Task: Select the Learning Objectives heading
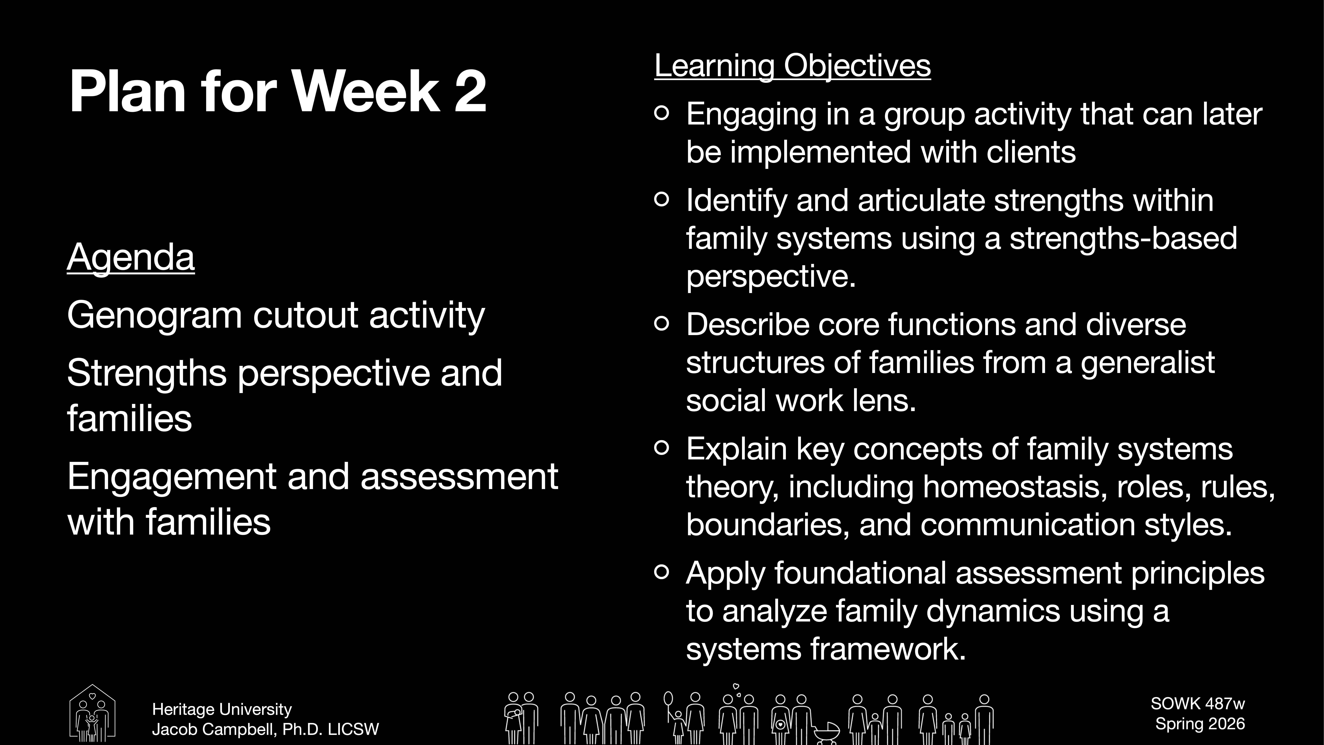point(792,66)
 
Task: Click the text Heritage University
point(222,710)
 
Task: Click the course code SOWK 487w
point(1198,703)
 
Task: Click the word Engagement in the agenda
point(172,477)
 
